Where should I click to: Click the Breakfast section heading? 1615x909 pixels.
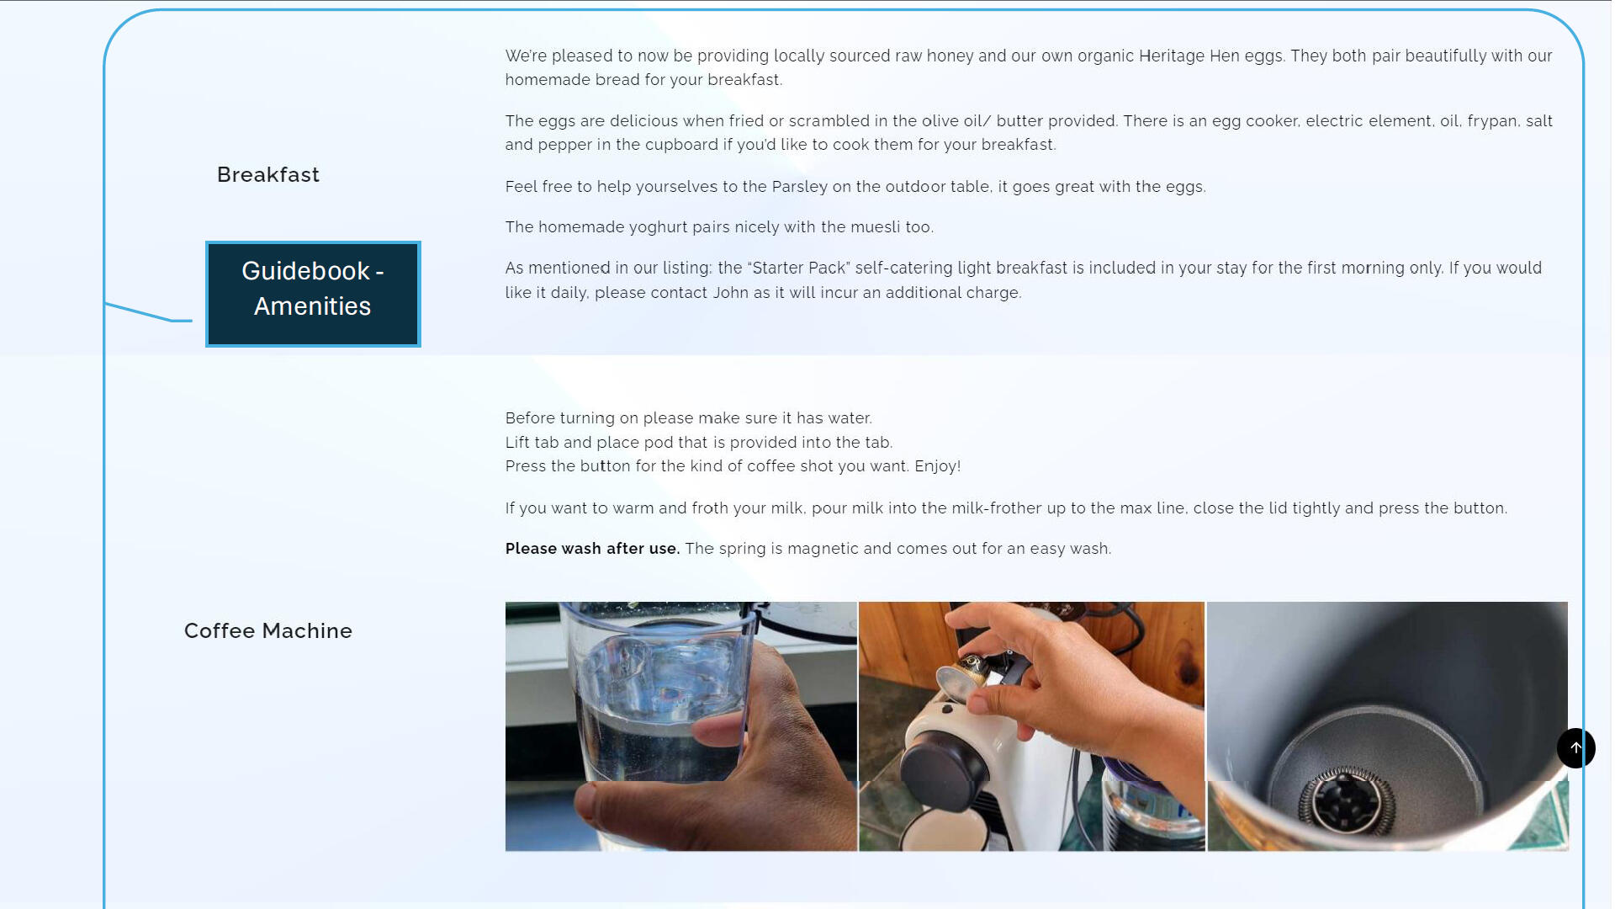click(268, 174)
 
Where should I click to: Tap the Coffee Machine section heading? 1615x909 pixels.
click(268, 630)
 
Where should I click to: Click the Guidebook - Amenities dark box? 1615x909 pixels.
click(313, 294)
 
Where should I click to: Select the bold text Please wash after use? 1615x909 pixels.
click(592, 549)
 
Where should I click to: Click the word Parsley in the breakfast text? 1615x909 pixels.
click(799, 187)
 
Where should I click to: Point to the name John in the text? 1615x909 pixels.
click(730, 293)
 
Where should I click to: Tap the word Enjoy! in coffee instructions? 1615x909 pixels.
click(937, 466)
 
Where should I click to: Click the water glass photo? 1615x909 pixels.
click(680, 726)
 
